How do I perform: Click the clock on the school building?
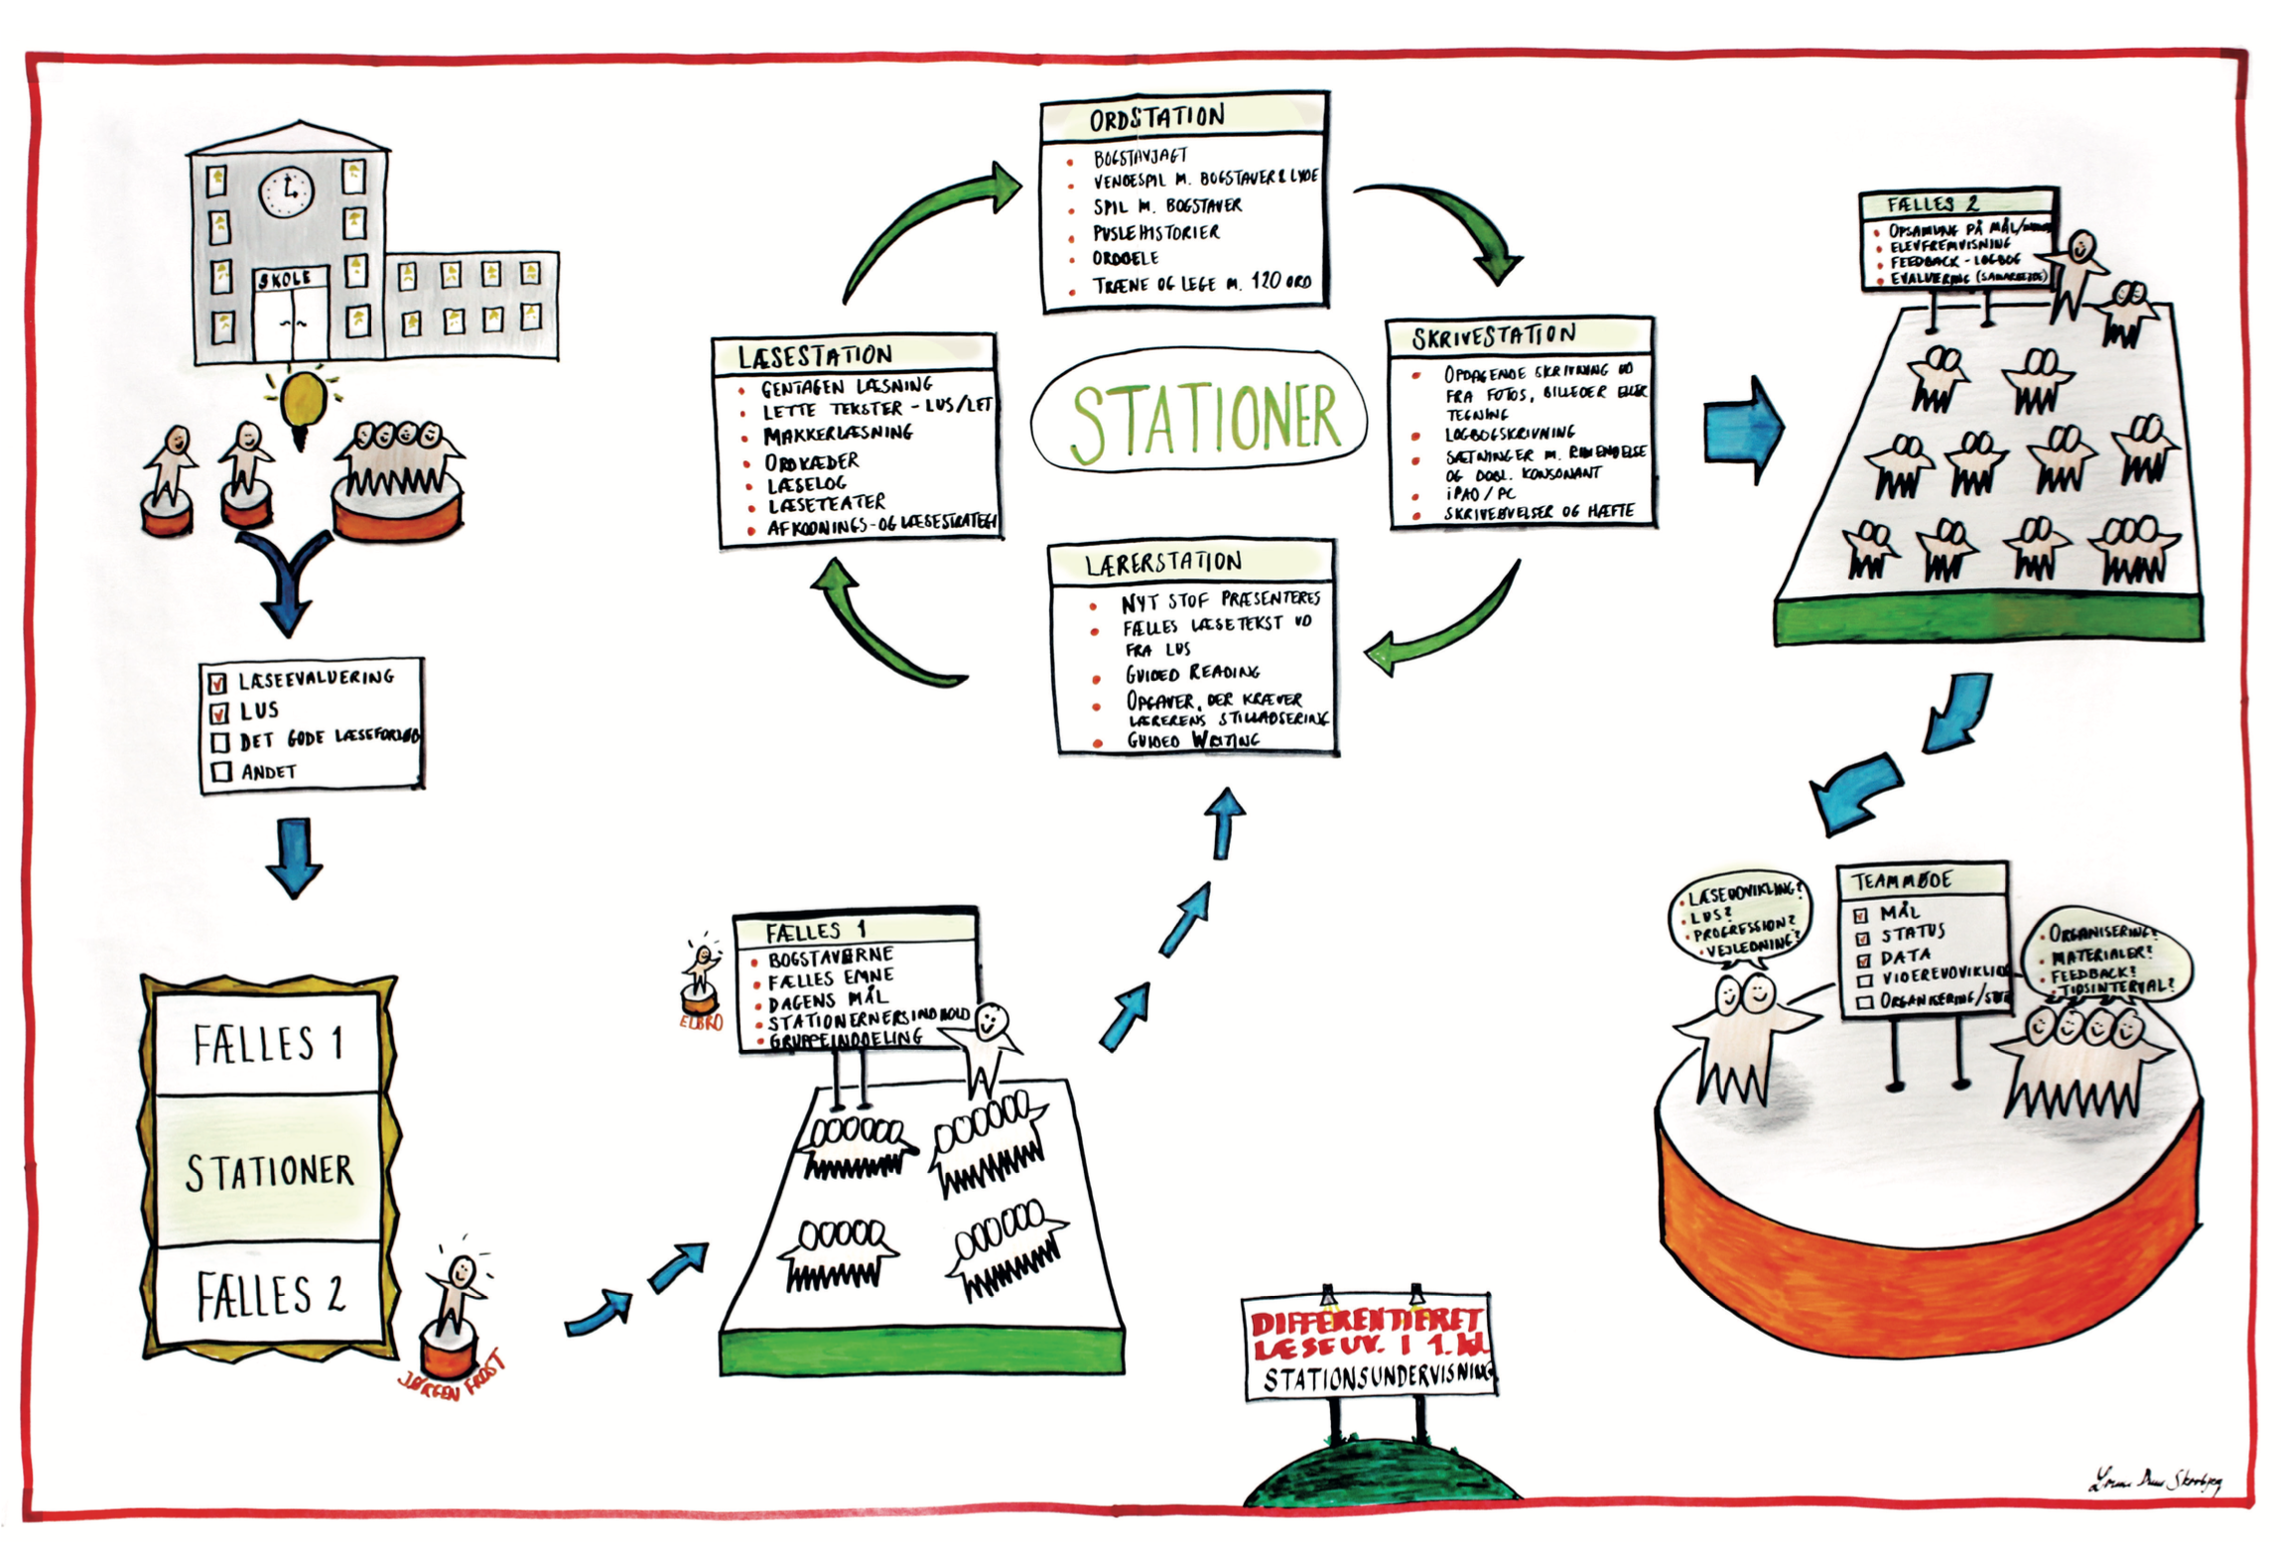coord(287,191)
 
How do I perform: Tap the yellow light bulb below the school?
coord(304,400)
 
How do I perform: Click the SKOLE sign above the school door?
coord(284,279)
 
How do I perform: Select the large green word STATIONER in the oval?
coord(1205,422)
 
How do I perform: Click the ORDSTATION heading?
coord(1156,118)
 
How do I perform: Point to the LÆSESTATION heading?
coord(814,354)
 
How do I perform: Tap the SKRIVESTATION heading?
coord(1493,336)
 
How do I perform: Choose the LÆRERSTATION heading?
coord(1162,563)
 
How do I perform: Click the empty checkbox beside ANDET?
coord(221,771)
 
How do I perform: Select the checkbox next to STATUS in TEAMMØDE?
coord(1863,935)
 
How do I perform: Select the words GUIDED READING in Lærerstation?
coord(1191,673)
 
